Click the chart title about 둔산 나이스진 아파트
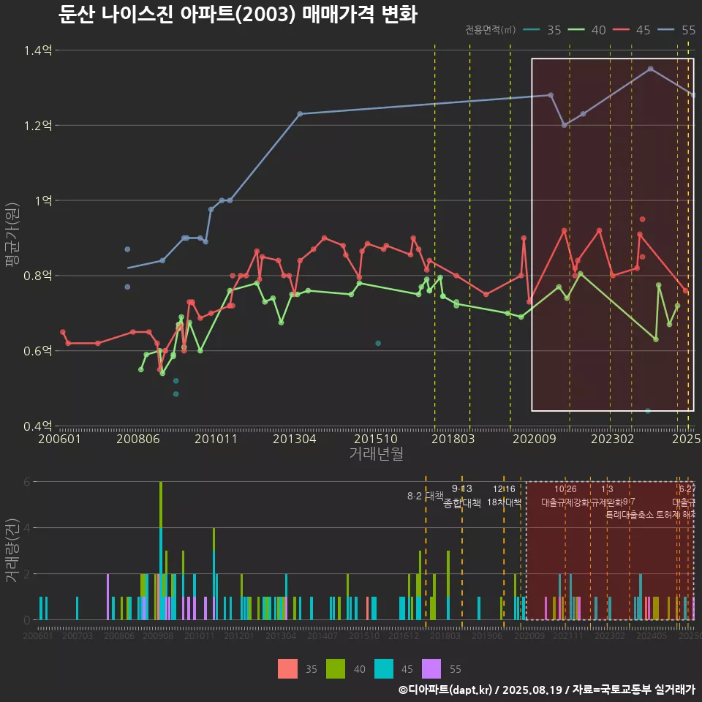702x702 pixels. (x=238, y=15)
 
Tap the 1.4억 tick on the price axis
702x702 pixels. (x=38, y=50)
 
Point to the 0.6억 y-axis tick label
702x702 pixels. (x=38, y=351)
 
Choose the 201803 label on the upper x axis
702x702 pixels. (x=452, y=439)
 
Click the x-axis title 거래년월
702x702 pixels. (x=376, y=454)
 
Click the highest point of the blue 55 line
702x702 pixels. (x=651, y=69)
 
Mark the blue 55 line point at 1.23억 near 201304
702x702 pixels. (x=300, y=113)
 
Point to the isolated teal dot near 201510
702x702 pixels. (x=378, y=343)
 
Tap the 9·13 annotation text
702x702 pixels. (x=462, y=489)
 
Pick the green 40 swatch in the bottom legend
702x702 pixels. (x=336, y=668)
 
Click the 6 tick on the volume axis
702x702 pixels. (x=27, y=482)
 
